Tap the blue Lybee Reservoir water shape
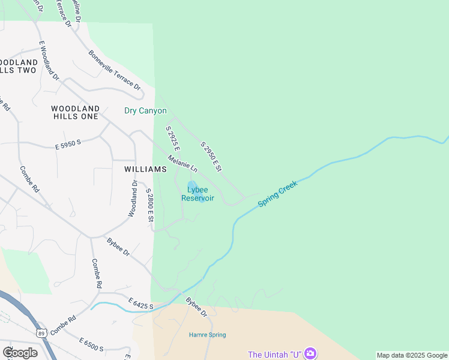pyautogui.click(x=192, y=185)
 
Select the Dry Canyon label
pyautogui.click(x=145, y=111)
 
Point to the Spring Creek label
pyautogui.click(x=277, y=194)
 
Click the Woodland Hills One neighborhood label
pyautogui.click(x=74, y=112)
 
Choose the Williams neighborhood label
pyautogui.click(x=145, y=169)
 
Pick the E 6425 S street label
pyautogui.click(x=141, y=302)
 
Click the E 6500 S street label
pyautogui.click(x=92, y=344)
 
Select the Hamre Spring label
pyautogui.click(x=208, y=335)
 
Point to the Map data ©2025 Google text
pyautogui.click(x=412, y=355)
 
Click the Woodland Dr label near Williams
pyautogui.click(x=133, y=199)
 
